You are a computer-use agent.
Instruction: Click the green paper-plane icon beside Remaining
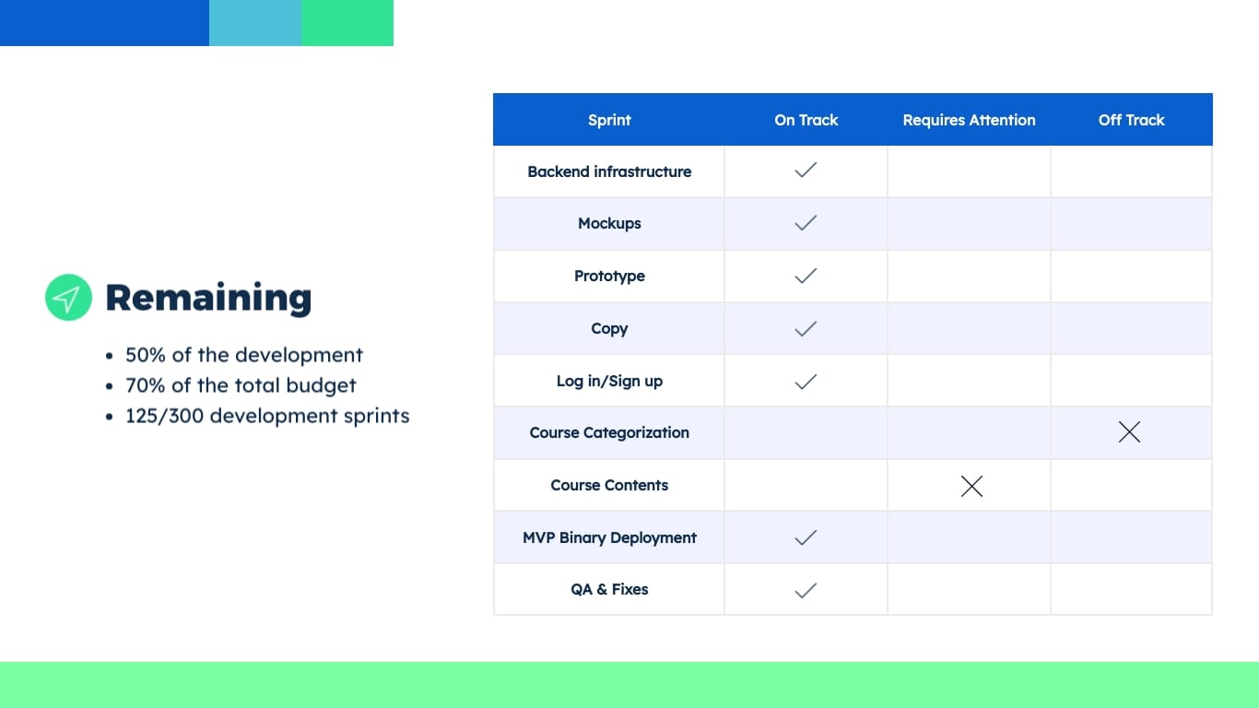coord(68,298)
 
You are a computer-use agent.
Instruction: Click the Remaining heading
coord(208,298)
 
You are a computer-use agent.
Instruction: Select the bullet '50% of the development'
coord(244,355)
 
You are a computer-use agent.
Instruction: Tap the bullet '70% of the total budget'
coord(241,385)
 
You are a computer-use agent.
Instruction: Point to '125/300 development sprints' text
coord(267,416)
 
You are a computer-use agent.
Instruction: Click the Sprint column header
coord(609,120)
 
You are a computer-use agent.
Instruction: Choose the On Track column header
coord(806,120)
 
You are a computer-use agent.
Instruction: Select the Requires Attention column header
coord(969,120)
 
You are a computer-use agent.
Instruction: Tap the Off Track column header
coord(1131,120)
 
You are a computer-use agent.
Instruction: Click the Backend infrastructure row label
coord(609,171)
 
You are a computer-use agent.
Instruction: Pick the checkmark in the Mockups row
coord(806,223)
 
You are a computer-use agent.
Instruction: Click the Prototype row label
coord(609,276)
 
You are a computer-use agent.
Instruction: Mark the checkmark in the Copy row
coord(806,328)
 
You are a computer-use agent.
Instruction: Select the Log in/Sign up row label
coord(609,381)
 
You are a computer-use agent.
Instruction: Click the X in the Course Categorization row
coord(1129,431)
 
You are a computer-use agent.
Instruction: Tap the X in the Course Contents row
coord(971,486)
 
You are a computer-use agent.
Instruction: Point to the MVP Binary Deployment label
coord(609,537)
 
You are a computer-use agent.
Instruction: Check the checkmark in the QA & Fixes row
coord(806,590)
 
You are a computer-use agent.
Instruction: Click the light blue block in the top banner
coord(255,23)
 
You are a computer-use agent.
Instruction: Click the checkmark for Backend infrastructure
coord(806,171)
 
